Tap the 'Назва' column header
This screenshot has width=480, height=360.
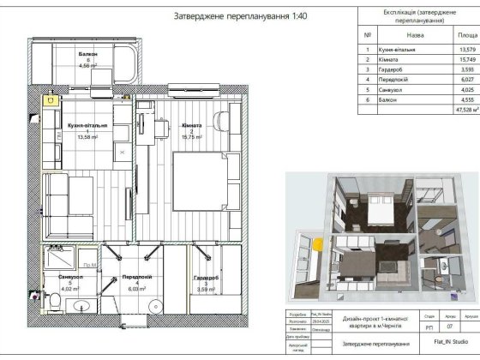[415, 37]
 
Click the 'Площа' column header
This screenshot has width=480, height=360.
[467, 37]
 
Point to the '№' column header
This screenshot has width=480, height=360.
[368, 37]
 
